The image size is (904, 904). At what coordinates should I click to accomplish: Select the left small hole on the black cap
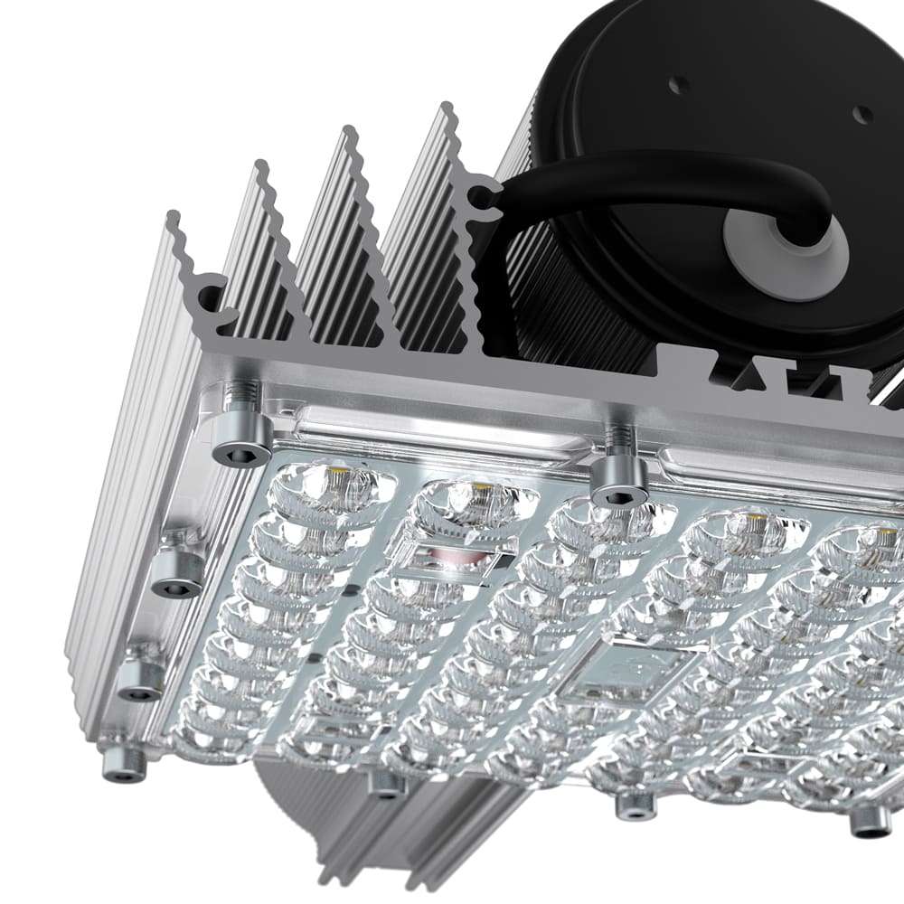tap(680, 85)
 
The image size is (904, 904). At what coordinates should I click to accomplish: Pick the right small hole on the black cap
tap(862, 115)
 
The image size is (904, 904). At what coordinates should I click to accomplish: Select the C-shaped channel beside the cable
tap(486, 201)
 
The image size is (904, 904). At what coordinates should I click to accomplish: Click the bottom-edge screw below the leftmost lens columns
tap(387, 783)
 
